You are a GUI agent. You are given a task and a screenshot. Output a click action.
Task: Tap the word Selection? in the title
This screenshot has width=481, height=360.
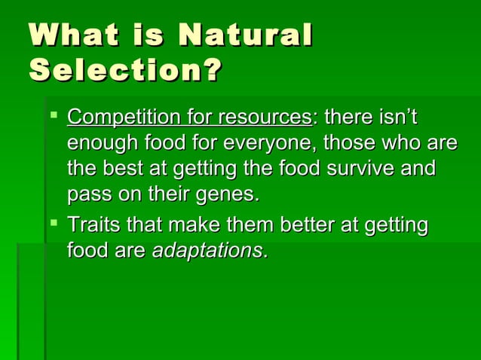click(x=125, y=71)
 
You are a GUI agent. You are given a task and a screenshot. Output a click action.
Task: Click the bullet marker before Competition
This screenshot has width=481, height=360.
click(x=52, y=117)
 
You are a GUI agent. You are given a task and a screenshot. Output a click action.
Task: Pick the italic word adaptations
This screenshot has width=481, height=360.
click(x=209, y=250)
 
